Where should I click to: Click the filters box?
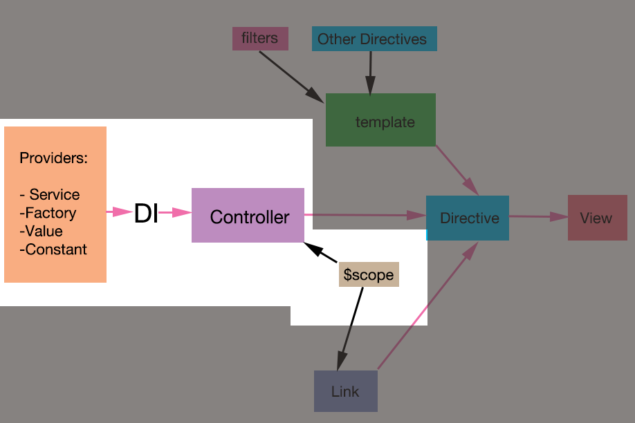(x=259, y=38)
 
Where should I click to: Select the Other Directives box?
(x=374, y=39)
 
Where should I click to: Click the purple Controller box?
(x=248, y=216)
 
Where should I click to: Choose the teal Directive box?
(x=468, y=218)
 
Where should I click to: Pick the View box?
(x=597, y=218)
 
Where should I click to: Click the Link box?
(x=345, y=391)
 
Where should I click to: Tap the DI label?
(x=146, y=214)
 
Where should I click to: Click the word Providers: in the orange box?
(x=54, y=158)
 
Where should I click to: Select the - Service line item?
(x=50, y=194)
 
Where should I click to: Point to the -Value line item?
(x=42, y=231)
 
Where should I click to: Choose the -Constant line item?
(x=54, y=250)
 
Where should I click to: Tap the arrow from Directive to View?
(x=538, y=217)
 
